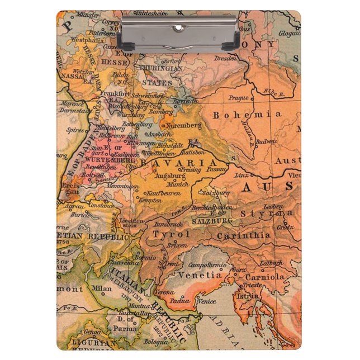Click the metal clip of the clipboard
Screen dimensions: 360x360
[x=180, y=32]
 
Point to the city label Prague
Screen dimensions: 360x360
[x=238, y=98]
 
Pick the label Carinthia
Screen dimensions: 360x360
[x=244, y=235]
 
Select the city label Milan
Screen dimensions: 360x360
[x=102, y=288]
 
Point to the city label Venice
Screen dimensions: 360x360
[x=206, y=302]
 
